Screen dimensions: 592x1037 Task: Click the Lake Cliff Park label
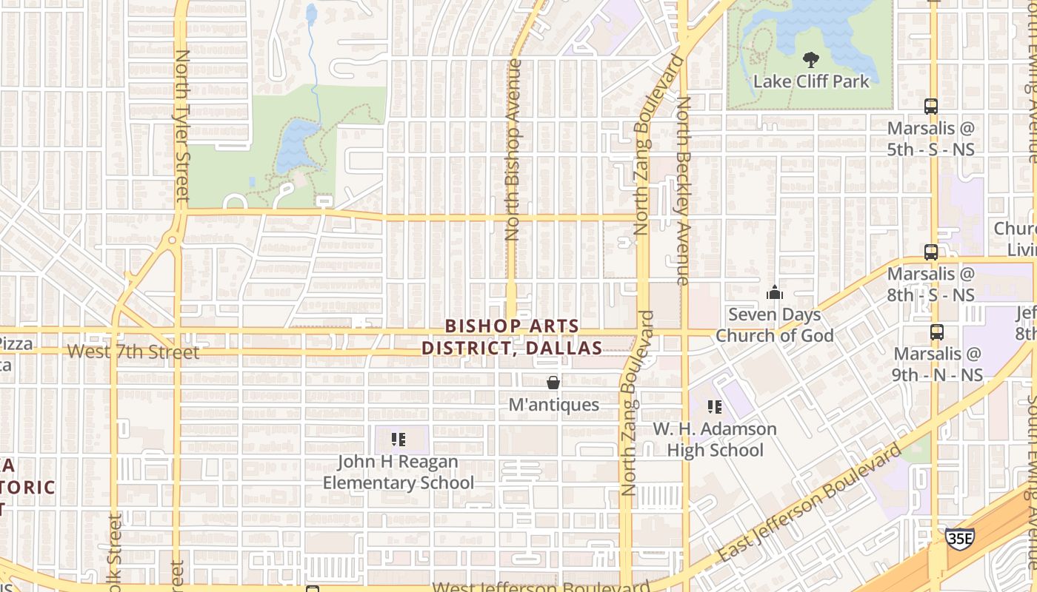point(811,81)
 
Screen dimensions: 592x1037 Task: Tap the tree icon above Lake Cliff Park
point(811,59)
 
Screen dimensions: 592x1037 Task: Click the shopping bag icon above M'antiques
point(553,383)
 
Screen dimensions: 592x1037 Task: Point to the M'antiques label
point(553,405)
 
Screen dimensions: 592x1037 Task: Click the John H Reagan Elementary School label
point(399,472)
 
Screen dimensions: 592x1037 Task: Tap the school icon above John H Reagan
point(399,440)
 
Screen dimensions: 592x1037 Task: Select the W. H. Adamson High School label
point(715,440)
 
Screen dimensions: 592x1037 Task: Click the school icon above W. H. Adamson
point(715,406)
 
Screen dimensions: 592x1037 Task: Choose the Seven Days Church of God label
point(775,325)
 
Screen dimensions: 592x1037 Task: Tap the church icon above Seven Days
point(775,292)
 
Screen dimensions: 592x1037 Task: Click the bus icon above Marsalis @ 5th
point(931,106)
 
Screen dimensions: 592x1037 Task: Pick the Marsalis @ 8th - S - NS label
point(931,284)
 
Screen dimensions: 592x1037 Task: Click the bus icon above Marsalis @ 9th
point(937,332)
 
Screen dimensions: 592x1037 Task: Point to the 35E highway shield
point(959,538)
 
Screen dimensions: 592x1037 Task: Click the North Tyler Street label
point(182,126)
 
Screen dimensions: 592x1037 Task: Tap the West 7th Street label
point(133,352)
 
